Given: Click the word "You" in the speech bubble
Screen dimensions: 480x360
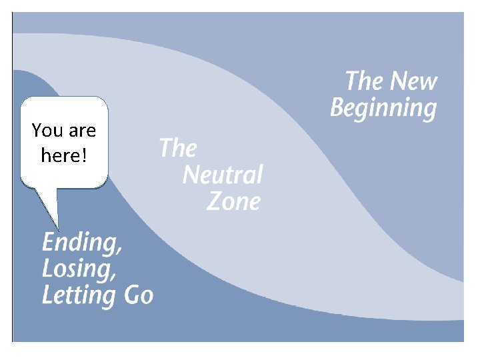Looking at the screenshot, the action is tap(46, 130).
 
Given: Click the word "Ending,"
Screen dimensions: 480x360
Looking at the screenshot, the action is tap(82, 243).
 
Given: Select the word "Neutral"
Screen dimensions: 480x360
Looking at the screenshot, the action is tap(222, 175).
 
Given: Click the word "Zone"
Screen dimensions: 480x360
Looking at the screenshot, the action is tap(233, 201).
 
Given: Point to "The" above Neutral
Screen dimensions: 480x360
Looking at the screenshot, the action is tap(177, 147).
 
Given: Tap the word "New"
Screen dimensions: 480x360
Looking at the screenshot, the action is tap(413, 81).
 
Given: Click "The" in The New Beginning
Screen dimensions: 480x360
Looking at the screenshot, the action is tap(364, 81).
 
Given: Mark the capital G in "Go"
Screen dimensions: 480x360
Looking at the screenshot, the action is tap(130, 295).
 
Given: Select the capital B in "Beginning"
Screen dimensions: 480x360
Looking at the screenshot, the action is tap(338, 107).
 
